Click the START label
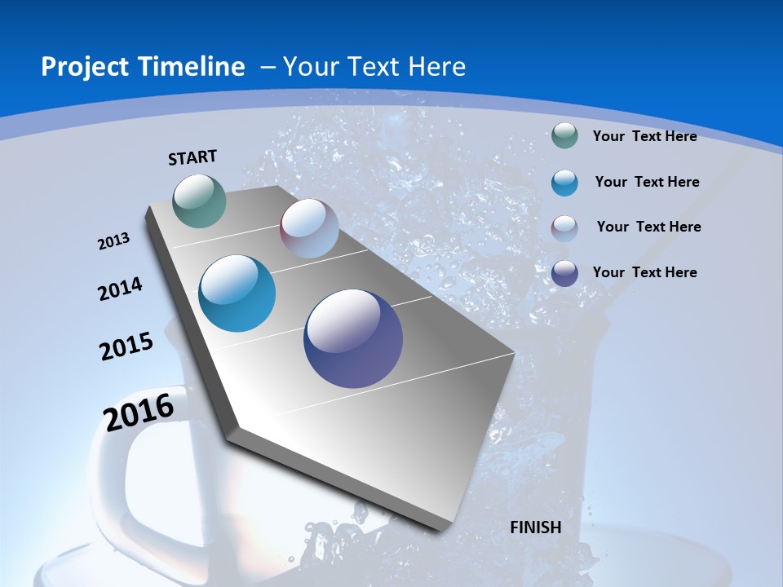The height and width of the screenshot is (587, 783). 192,157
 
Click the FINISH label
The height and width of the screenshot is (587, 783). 536,527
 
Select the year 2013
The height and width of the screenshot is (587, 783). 113,241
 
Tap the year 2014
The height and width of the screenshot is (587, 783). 120,289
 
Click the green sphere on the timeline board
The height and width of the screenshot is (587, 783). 200,201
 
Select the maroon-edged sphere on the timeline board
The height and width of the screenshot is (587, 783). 309,228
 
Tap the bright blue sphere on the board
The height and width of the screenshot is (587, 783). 237,293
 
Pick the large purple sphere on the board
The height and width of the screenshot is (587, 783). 353,338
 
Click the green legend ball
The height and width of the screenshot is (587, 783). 564,135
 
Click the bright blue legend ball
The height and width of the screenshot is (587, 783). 564,183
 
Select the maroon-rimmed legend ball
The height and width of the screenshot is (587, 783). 564,227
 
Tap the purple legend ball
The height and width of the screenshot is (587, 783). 564,273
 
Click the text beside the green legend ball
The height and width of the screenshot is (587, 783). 644,137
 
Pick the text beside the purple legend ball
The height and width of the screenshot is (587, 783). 644,272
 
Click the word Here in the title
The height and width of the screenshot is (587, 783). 437,67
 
